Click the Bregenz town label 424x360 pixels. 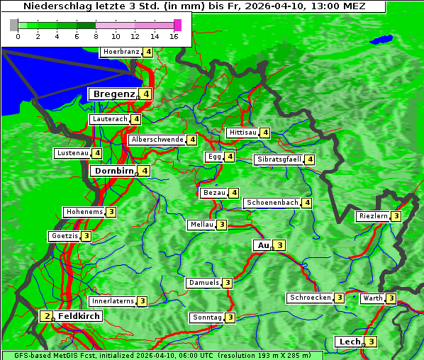coord(113,94)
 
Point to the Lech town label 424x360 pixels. coord(350,342)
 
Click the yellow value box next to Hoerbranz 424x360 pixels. coord(147,52)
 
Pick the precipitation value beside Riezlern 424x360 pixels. coord(396,216)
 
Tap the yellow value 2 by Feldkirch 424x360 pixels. coord(46,316)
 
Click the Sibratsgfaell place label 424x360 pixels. coord(279,159)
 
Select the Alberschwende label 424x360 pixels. coord(157,140)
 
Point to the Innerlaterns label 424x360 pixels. coord(113,301)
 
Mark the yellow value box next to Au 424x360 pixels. coord(279,245)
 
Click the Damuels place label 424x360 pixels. coord(203,283)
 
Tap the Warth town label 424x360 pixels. coord(373,298)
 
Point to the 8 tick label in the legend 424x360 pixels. coord(96,36)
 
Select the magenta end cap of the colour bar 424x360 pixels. coord(177,25)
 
